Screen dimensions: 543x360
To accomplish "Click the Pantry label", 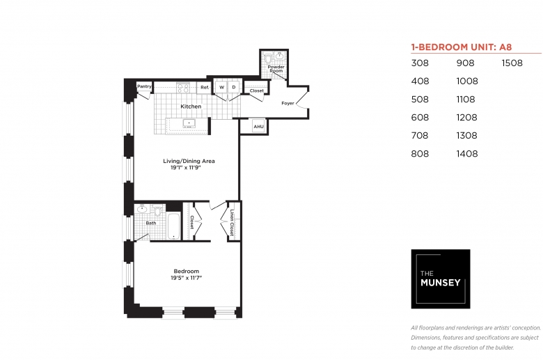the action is [144, 86].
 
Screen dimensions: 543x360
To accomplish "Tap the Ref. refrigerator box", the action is [204, 87].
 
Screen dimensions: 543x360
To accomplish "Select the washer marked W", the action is [221, 87].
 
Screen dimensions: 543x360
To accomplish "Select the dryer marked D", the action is [234, 87].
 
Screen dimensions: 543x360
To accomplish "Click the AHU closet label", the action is [258, 127].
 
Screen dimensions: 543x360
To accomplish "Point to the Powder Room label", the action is [276, 69].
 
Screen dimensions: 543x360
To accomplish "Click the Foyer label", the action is [288, 103].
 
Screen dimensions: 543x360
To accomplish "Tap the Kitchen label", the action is [191, 107].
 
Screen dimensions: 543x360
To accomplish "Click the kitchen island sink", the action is [189, 123].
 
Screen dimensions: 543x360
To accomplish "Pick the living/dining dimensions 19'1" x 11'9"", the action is [186, 168].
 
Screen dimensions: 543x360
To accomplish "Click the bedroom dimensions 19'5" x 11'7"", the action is [186, 278].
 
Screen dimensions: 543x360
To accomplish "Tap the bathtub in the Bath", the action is [173, 226].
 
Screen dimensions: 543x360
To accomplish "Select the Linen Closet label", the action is [232, 223].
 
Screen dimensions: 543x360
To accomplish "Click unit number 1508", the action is [512, 63].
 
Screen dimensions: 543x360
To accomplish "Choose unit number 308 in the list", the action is [420, 63].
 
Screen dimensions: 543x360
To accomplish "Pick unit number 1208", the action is [467, 118].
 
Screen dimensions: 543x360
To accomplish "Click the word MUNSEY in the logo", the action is [440, 283].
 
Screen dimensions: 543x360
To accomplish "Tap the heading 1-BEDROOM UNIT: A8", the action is [462, 47].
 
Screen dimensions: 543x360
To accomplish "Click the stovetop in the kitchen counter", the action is [183, 87].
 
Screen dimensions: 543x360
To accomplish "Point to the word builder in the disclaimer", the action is [504, 347].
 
